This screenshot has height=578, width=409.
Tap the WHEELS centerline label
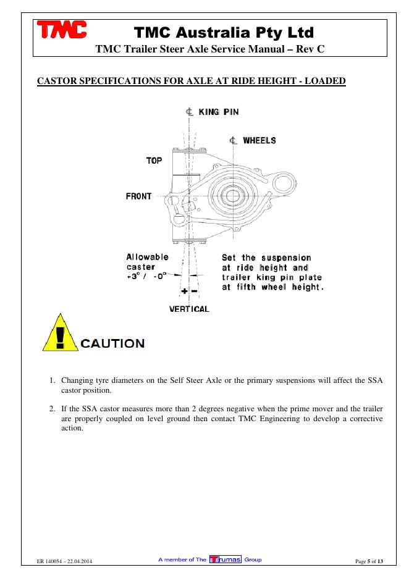pyautogui.click(x=259, y=140)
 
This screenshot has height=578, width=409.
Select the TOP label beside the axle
pyautogui.click(x=154, y=161)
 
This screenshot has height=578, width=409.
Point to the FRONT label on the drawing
pyautogui.click(x=139, y=196)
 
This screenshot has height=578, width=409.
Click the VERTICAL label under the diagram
pyautogui.click(x=189, y=309)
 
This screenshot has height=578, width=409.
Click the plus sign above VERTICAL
pyautogui.click(x=184, y=290)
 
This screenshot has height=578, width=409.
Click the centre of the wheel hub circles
pyautogui.click(x=234, y=196)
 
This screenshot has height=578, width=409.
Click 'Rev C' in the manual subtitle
pyautogui.click(x=307, y=49)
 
